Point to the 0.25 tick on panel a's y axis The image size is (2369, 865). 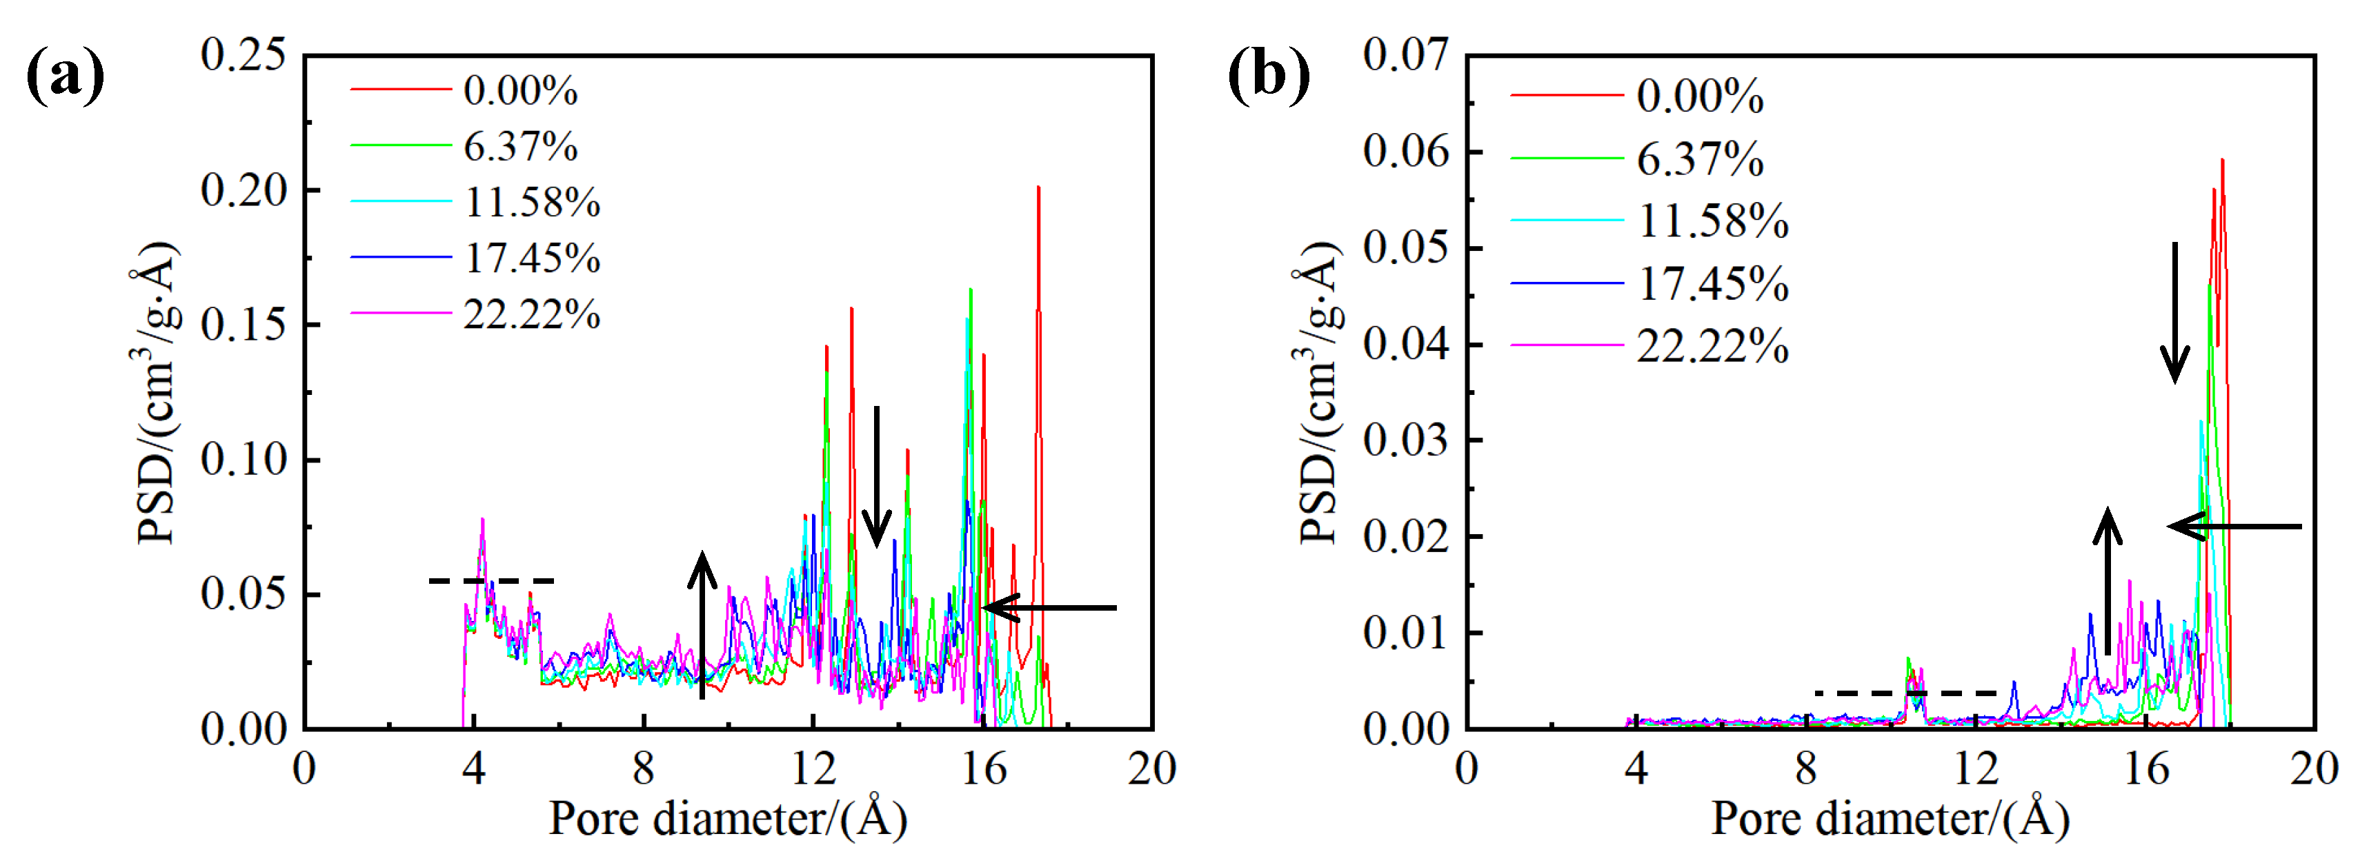244,55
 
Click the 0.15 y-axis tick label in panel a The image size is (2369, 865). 244,325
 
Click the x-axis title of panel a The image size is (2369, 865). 727,818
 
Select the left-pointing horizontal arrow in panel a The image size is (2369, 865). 1049,608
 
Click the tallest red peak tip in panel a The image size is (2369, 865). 1038,187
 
